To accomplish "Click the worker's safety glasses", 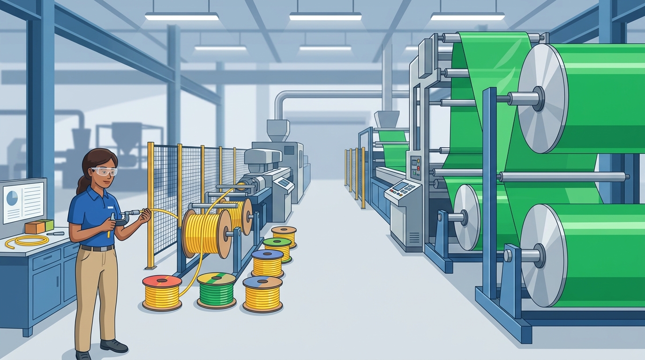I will (x=105, y=172).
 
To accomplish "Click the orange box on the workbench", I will (x=35, y=227).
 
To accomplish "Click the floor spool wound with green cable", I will (x=216, y=290).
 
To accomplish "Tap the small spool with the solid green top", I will (x=277, y=248).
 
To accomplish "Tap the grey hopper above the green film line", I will (x=386, y=120).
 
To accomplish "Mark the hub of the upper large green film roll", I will (x=539, y=98).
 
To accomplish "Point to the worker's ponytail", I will (x=82, y=184).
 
